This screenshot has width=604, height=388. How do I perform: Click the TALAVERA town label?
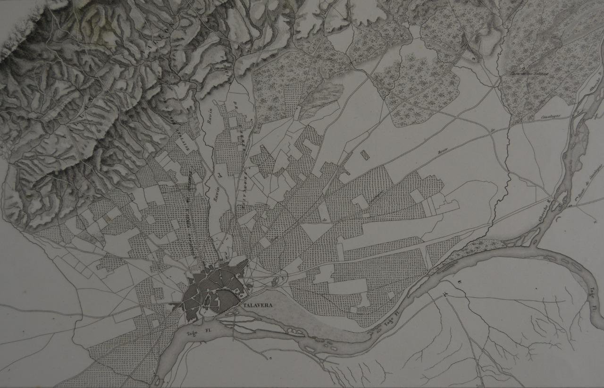coord(259,305)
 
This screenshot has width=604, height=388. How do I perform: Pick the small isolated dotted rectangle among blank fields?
coord(364,154)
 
